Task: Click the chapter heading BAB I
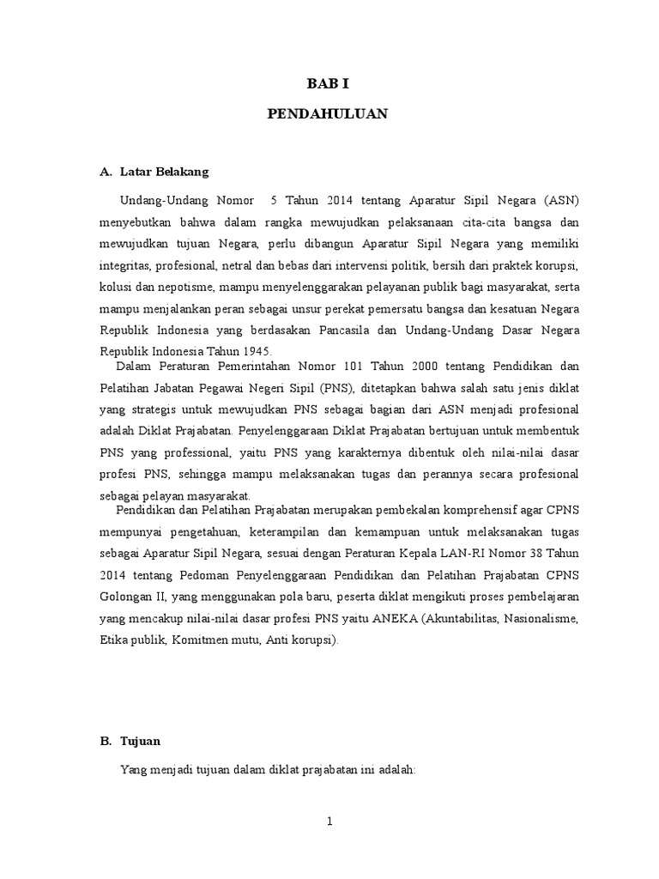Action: (329, 84)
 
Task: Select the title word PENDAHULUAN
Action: (329, 113)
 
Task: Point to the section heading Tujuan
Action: (142, 740)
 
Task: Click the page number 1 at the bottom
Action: (329, 821)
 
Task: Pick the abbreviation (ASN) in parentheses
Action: (561, 200)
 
